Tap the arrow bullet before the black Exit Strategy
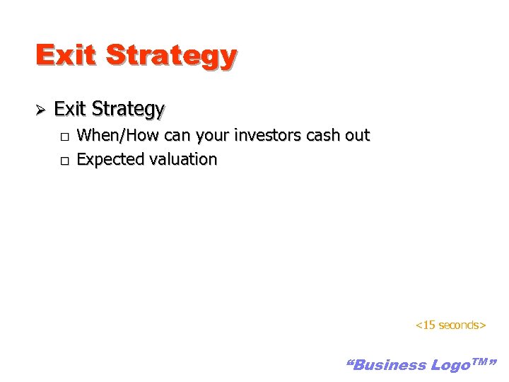pyautogui.click(x=41, y=110)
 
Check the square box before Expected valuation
pyautogui.click(x=64, y=161)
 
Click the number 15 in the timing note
pyautogui.click(x=428, y=325)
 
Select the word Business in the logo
pyautogui.click(x=387, y=365)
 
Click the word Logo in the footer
pyautogui.click(x=449, y=365)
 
